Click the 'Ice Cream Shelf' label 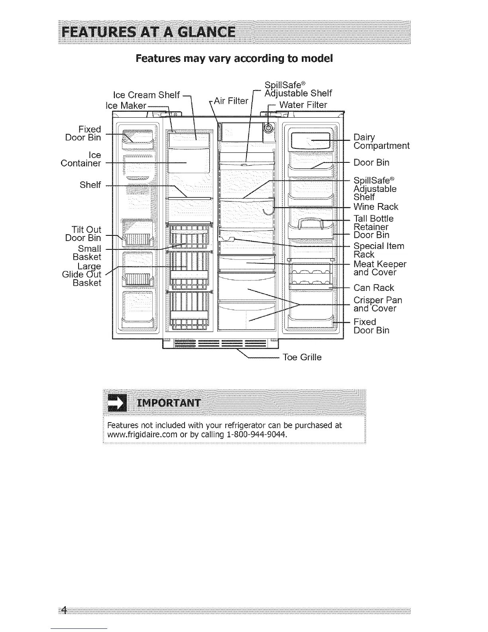point(146,95)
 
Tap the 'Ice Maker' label point(126,105)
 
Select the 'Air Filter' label point(231,101)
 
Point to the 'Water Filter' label point(303,105)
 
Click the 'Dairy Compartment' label point(381,142)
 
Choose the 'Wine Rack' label point(376,207)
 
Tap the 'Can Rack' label point(374,288)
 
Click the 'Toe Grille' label point(302,357)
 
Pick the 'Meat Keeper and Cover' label point(380,268)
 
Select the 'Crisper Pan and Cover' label point(378,304)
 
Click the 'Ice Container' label point(81,159)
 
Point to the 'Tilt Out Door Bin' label point(83,234)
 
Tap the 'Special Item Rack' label point(379,250)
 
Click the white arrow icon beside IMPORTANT point(118,402)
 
